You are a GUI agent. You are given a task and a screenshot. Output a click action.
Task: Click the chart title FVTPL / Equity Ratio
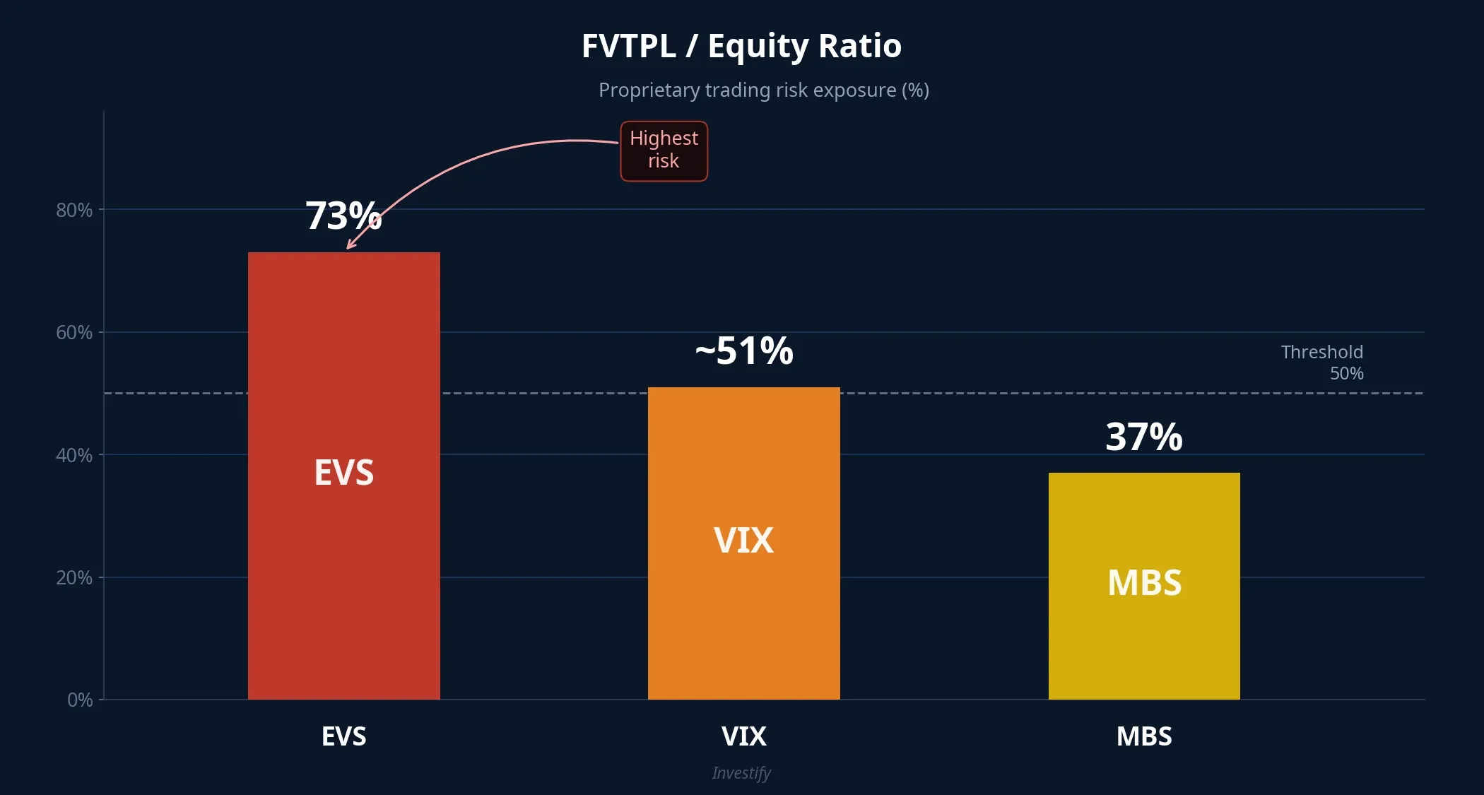(741, 46)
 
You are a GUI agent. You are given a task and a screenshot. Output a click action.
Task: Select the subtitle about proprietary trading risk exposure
(763, 90)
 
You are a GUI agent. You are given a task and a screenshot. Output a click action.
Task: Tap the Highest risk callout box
(664, 151)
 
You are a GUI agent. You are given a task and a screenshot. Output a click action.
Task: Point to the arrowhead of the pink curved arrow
(349, 247)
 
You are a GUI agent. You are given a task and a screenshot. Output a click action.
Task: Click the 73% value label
(343, 216)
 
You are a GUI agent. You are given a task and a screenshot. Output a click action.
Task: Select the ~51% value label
(743, 351)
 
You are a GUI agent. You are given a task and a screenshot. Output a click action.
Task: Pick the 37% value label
(1143, 437)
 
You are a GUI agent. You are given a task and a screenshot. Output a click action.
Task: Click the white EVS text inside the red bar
(343, 472)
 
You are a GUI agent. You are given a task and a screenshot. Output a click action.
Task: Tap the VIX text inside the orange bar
(743, 541)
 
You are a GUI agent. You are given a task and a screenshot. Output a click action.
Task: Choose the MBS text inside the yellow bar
(1144, 583)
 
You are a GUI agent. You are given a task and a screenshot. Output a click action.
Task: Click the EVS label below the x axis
(343, 736)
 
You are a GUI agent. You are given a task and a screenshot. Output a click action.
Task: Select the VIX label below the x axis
(743, 736)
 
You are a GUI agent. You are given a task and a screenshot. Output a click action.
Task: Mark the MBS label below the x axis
(1144, 736)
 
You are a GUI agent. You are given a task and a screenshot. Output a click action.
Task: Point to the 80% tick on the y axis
(74, 210)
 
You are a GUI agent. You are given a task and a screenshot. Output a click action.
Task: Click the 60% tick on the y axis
(74, 332)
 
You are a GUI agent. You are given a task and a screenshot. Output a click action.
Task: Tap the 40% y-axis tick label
(74, 455)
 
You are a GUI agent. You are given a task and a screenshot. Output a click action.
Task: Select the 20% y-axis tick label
(74, 577)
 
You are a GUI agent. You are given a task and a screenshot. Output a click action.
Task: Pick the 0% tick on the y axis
(80, 700)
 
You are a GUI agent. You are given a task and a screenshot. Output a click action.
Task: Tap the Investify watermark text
(741, 772)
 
